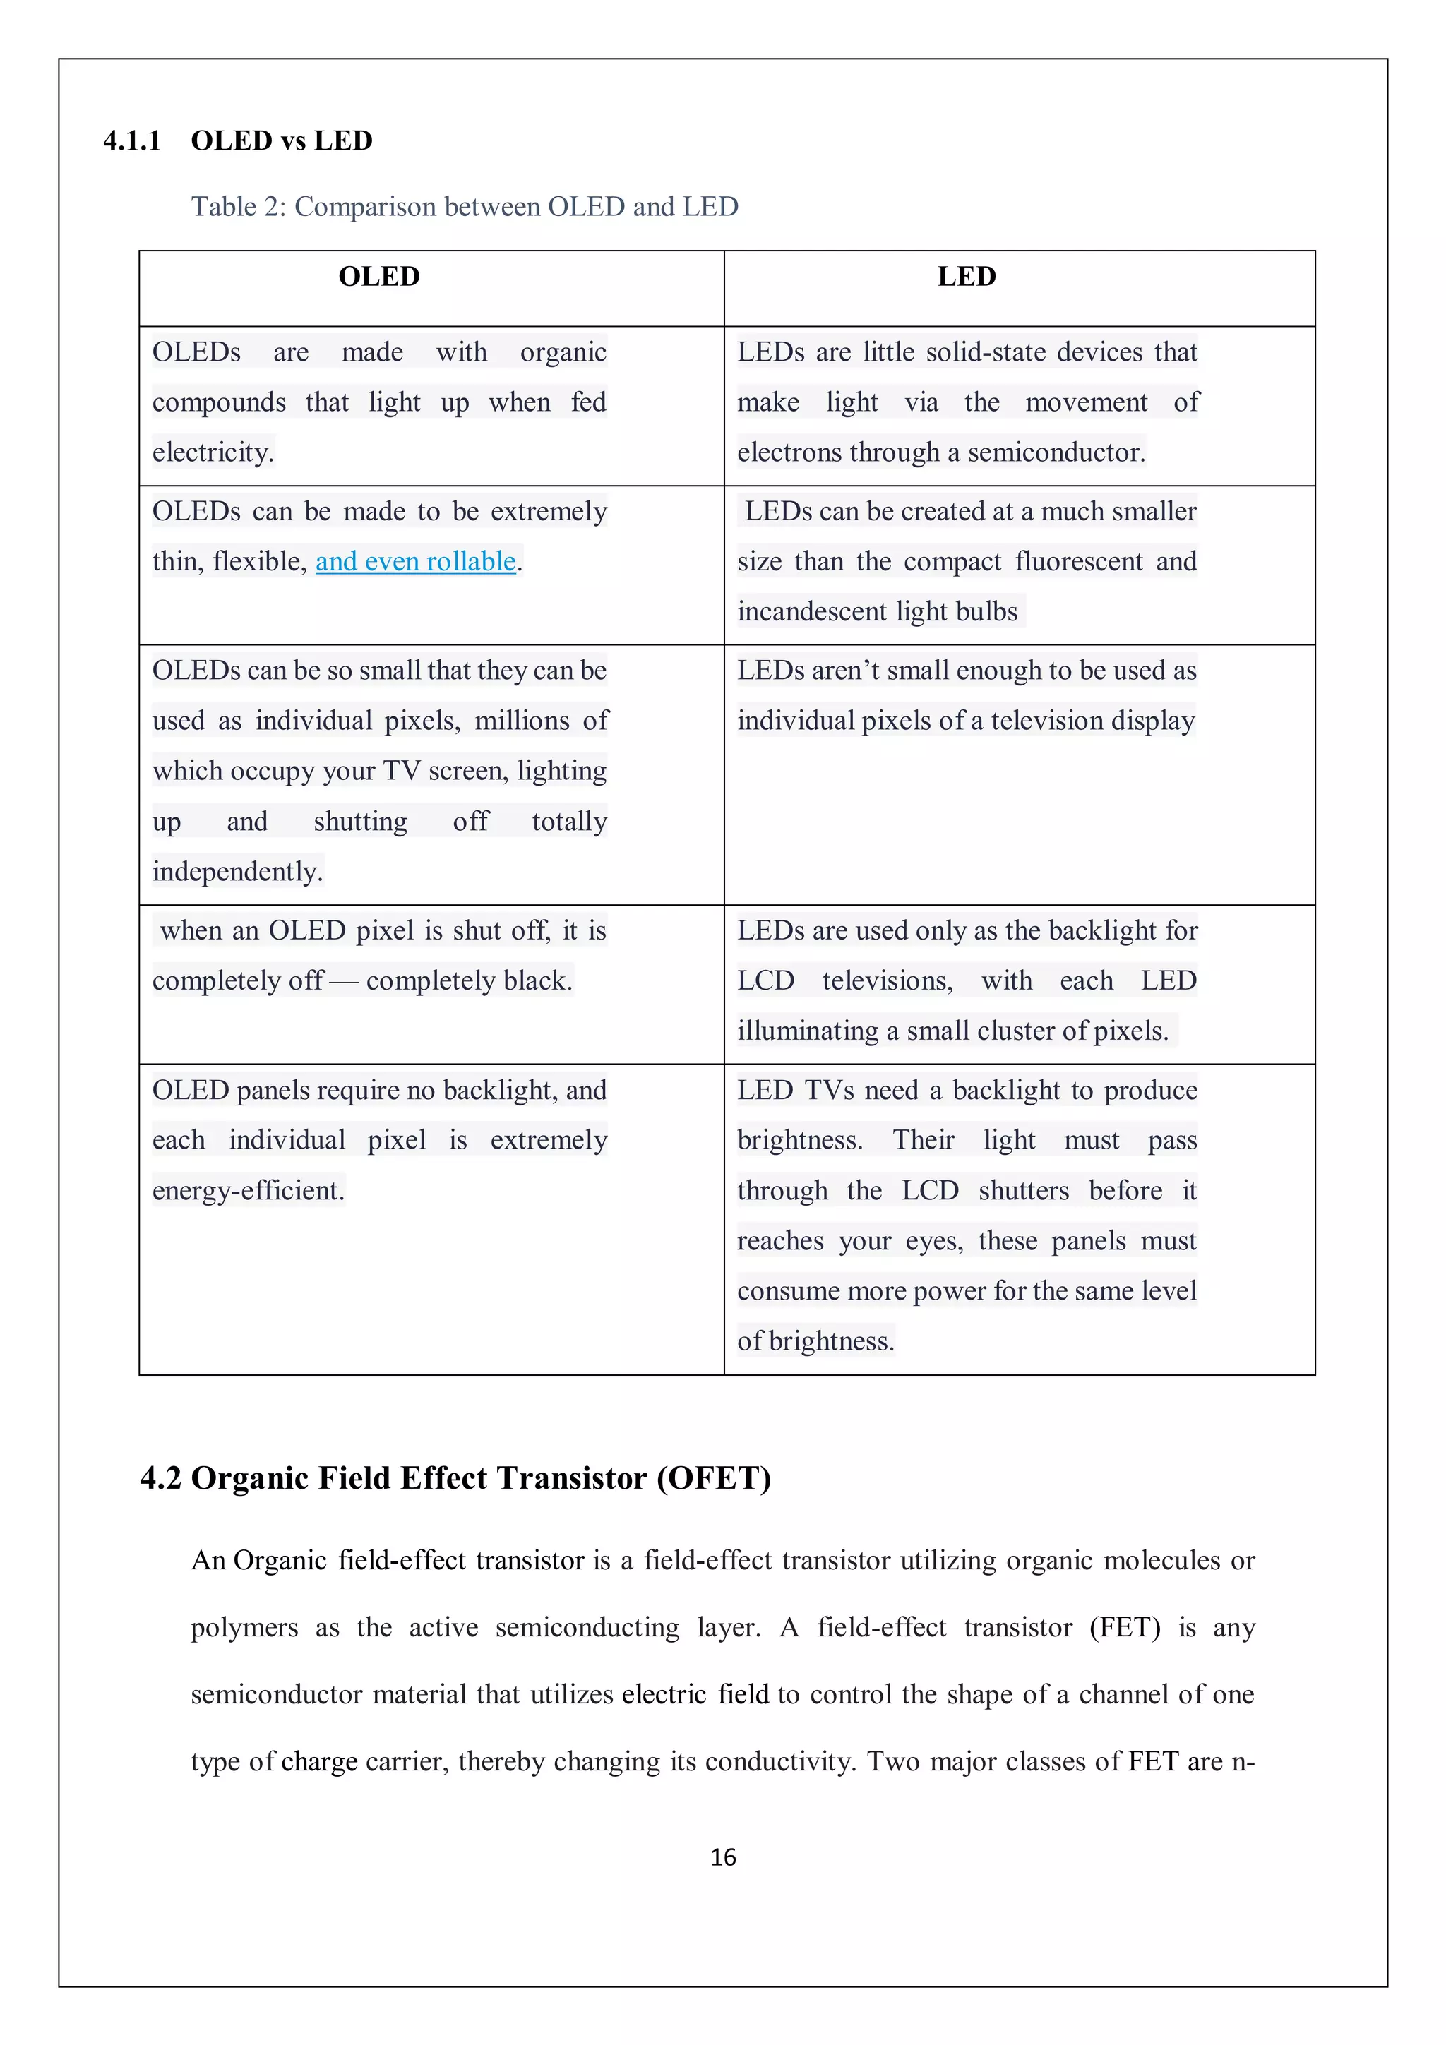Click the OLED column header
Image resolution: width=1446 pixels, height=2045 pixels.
point(378,276)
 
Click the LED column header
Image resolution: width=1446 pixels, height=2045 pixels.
point(966,276)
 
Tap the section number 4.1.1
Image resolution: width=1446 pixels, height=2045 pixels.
point(132,140)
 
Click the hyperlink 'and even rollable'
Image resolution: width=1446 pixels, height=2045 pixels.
point(415,561)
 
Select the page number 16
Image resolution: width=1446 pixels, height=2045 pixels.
point(722,1857)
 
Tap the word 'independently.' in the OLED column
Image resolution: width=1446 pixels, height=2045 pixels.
point(237,871)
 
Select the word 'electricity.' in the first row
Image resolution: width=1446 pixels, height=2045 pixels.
point(213,452)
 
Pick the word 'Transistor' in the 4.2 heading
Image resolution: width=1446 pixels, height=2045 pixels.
point(572,1479)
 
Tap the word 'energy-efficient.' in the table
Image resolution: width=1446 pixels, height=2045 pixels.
point(248,1191)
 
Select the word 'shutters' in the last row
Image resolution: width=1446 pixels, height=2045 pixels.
point(1023,1191)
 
